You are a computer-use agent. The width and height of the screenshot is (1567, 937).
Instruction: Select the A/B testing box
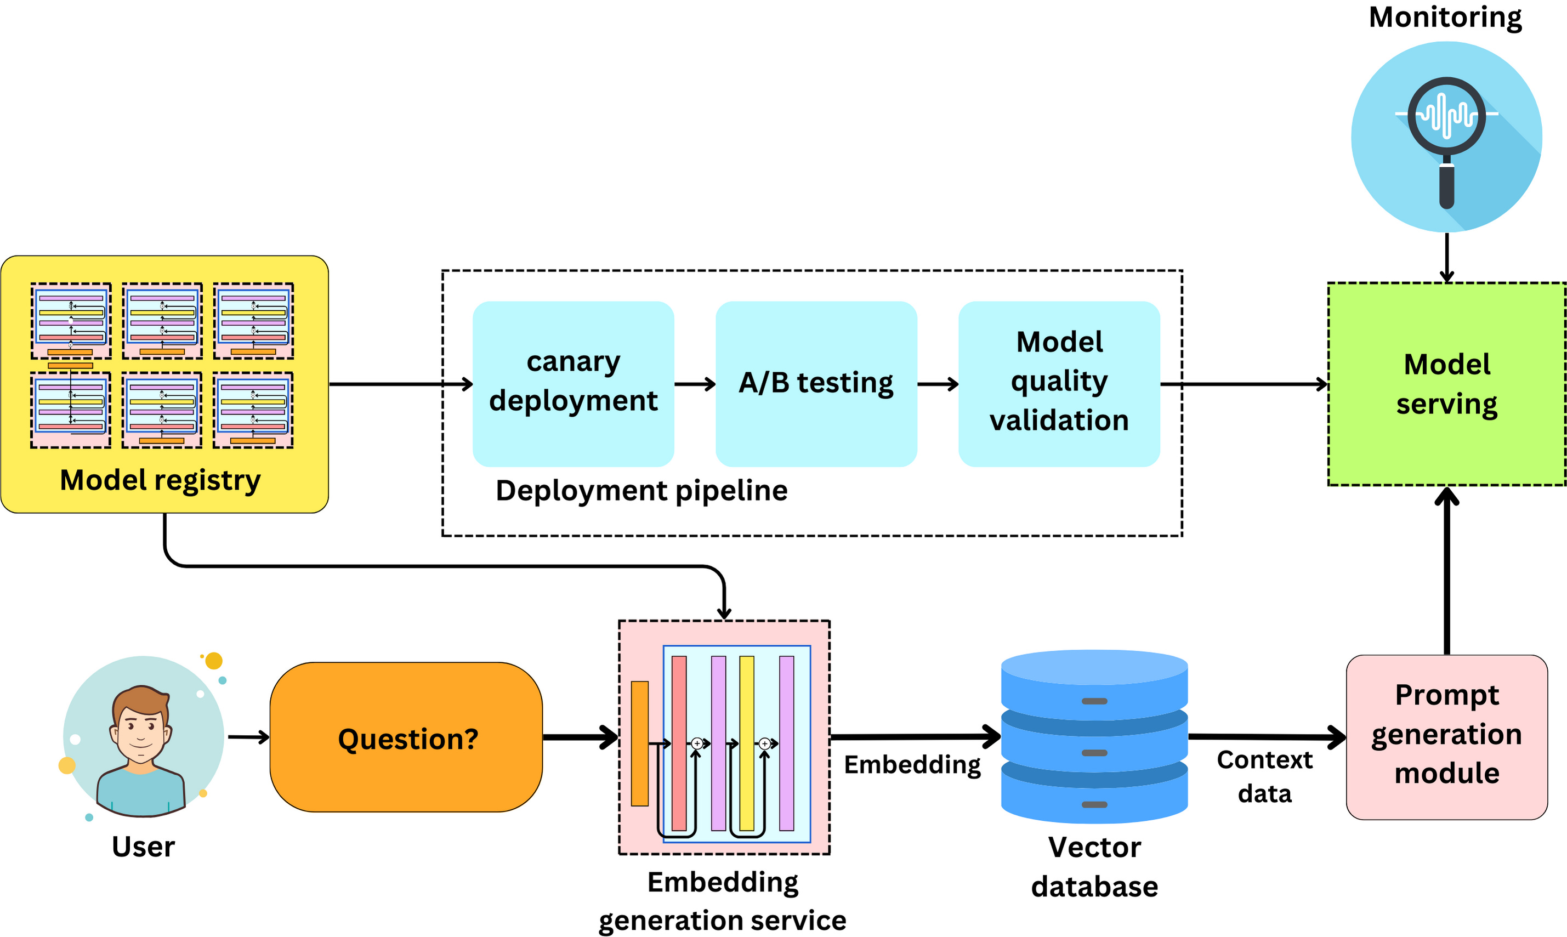click(x=816, y=383)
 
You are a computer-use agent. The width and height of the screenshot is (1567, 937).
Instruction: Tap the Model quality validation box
click(x=1059, y=383)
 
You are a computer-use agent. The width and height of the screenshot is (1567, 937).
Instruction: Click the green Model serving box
click(x=1446, y=384)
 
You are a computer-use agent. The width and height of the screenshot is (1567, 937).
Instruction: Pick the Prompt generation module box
click(x=1446, y=737)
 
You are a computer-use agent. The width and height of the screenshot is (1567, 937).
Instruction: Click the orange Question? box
click(x=406, y=737)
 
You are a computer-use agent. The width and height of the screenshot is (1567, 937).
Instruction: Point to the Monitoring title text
click(x=1445, y=16)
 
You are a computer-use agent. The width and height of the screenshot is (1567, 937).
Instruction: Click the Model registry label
click(x=160, y=480)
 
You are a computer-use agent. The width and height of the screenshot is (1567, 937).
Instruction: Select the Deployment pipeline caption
click(x=641, y=491)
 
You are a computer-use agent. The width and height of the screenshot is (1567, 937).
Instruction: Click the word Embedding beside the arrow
click(x=912, y=765)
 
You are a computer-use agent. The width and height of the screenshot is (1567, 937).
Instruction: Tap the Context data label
click(x=1264, y=776)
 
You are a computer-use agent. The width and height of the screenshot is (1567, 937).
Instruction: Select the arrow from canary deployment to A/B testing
click(x=695, y=384)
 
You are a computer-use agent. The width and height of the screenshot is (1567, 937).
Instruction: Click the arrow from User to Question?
click(x=248, y=737)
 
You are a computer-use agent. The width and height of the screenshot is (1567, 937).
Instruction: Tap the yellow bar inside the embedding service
click(x=746, y=742)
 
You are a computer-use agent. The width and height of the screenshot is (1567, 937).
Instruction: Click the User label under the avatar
click(x=143, y=847)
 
